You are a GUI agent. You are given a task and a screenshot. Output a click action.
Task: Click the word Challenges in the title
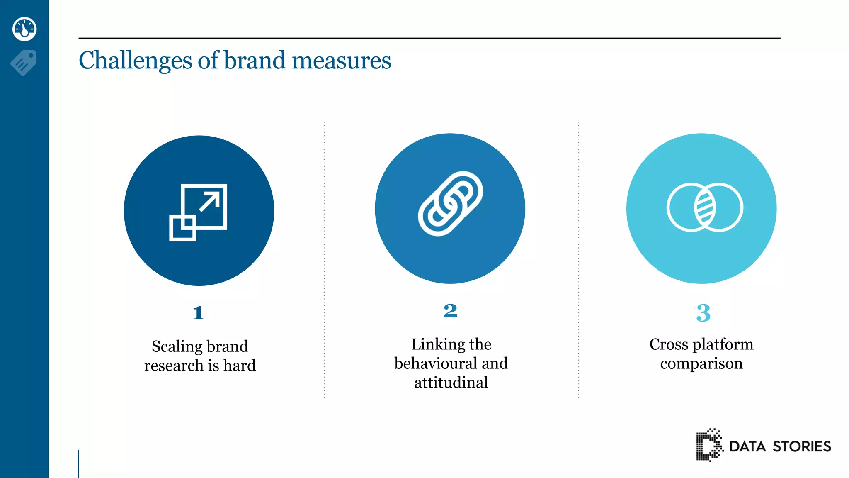point(135,61)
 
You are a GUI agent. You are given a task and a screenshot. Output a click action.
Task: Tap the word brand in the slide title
point(255,60)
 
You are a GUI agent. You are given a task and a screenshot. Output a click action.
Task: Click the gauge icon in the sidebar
point(24,29)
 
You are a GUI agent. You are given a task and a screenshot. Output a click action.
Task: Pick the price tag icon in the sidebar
point(24,63)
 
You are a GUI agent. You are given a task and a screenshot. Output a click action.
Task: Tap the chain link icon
point(450,204)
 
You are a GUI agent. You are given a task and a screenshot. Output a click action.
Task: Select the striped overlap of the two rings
point(705,207)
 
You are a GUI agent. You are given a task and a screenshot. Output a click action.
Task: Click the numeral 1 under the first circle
point(198,313)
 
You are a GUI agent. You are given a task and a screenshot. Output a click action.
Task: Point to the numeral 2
point(450,311)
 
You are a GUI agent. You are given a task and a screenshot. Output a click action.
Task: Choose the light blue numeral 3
point(703,313)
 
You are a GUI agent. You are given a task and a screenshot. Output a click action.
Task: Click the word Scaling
point(177,346)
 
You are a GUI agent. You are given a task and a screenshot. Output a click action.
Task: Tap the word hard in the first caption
point(240,366)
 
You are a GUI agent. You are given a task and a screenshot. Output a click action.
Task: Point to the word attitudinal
point(451,383)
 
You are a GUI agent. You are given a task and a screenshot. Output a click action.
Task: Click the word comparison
point(701,363)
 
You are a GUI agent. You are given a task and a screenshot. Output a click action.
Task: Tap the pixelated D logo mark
point(708,445)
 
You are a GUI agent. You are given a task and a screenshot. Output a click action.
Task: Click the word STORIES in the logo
point(802,446)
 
